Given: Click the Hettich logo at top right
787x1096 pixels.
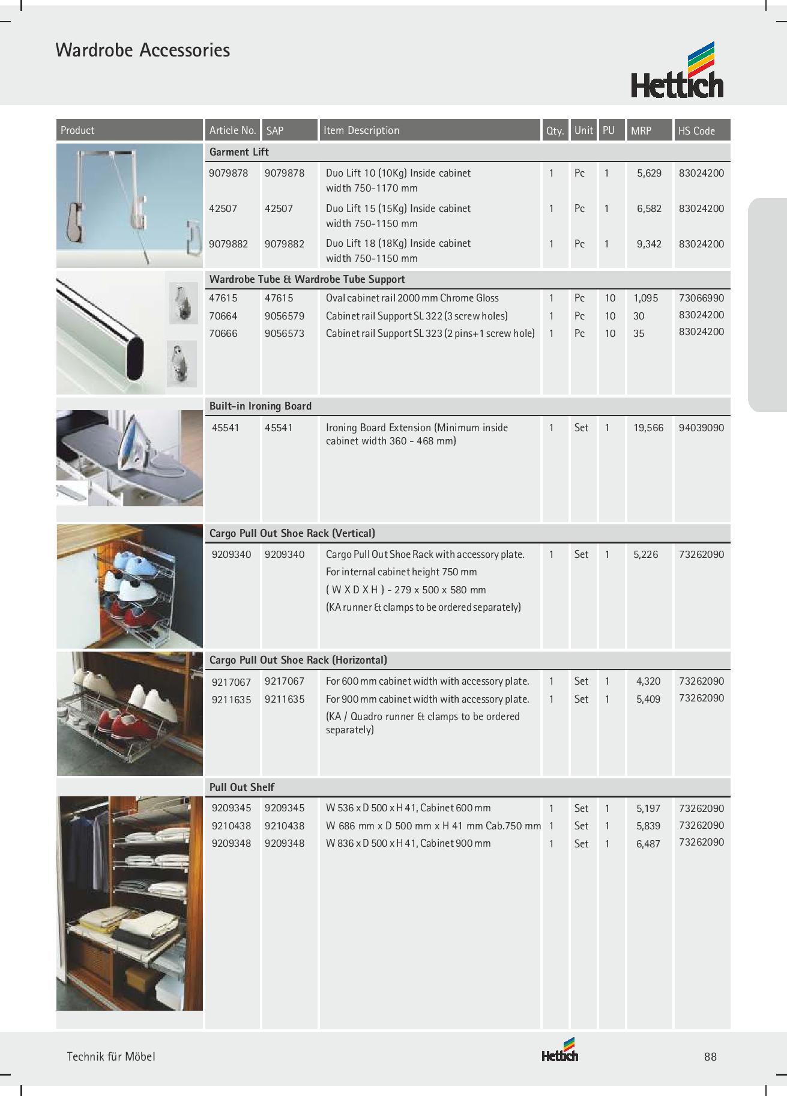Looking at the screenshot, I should click(x=677, y=71).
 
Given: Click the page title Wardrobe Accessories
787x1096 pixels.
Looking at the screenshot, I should click(x=143, y=50).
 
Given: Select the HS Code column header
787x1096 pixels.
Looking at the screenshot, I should click(x=696, y=130).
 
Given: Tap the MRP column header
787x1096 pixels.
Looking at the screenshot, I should click(x=641, y=130).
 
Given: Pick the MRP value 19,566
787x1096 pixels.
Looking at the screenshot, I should click(x=648, y=428).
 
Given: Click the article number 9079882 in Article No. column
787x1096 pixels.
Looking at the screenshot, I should click(x=228, y=244).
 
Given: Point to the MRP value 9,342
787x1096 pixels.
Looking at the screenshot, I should click(x=649, y=244).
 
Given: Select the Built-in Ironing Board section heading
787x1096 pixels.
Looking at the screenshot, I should click(x=260, y=406).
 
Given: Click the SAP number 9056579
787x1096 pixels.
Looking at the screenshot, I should click(x=285, y=316).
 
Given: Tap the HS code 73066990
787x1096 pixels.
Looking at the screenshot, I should click(x=701, y=298).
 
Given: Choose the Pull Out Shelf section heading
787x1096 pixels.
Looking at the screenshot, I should click(x=242, y=787).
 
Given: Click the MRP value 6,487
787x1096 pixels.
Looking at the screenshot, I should click(x=648, y=844).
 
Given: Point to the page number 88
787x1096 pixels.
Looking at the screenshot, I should click(x=711, y=1056).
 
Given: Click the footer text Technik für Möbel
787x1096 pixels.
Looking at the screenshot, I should click(x=111, y=1056).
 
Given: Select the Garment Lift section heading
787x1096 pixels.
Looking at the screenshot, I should click(x=239, y=152).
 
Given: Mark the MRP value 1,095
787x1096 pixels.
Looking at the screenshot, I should click(x=645, y=298).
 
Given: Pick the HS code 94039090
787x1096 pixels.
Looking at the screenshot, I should click(x=701, y=428).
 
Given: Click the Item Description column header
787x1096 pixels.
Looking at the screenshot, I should click(x=361, y=130).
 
